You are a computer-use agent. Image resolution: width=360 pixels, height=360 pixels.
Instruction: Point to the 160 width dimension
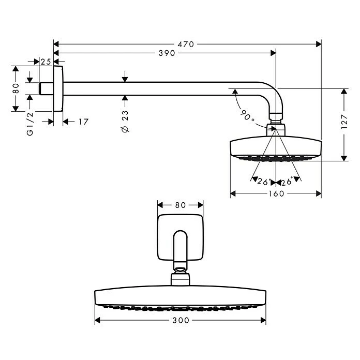coord(276,194)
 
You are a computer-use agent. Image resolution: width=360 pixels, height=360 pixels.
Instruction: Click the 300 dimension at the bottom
coord(180,321)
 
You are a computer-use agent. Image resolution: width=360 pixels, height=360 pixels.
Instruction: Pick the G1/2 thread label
coord(31,124)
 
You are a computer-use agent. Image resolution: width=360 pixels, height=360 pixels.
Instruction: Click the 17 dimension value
coord(83,122)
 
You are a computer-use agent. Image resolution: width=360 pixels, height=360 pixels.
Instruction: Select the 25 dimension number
coord(46,62)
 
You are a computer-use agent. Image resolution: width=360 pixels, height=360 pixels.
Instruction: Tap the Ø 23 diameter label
coord(125,121)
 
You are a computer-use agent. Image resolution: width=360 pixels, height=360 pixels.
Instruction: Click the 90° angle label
coord(248,116)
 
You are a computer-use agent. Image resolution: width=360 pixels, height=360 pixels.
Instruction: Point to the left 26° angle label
coord(264,182)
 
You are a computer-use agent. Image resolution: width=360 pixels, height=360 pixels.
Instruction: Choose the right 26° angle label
coord(286,182)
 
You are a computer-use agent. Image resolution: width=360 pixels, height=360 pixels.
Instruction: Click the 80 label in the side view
coord(16,88)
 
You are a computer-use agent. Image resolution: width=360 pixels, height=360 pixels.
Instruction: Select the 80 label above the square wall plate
coord(179,205)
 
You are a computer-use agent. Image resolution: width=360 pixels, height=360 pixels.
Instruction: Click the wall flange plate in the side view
coord(58,88)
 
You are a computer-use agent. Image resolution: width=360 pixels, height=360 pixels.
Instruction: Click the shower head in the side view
coord(276,146)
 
